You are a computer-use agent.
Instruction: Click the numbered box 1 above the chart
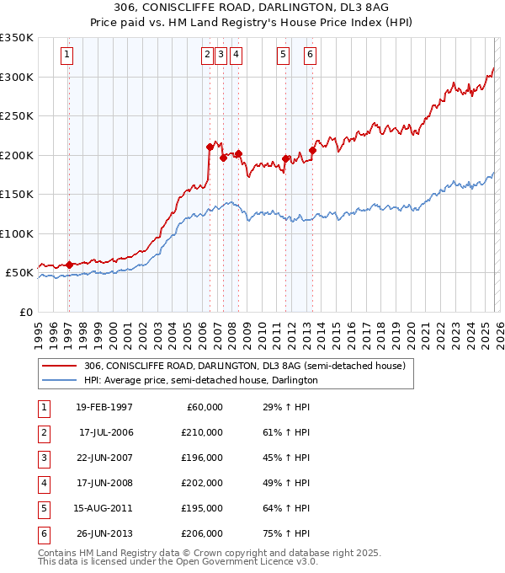pyautogui.click(x=66, y=55)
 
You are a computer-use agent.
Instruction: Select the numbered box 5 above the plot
pyautogui.click(x=283, y=55)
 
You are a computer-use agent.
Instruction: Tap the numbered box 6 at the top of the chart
pyautogui.click(x=310, y=55)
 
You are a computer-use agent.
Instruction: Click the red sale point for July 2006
pyautogui.click(x=210, y=147)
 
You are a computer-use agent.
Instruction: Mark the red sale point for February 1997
pyautogui.click(x=69, y=265)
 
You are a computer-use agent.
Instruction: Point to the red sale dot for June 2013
pyautogui.click(x=312, y=151)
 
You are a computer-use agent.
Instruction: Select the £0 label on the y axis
pyautogui.click(x=25, y=312)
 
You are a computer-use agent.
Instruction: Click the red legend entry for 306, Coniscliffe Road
pyautogui.click(x=244, y=366)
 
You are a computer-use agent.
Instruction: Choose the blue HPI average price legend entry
pyautogui.click(x=200, y=380)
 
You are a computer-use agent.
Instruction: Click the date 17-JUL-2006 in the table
pyautogui.click(x=106, y=432)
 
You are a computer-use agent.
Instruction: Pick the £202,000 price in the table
pyautogui.click(x=203, y=483)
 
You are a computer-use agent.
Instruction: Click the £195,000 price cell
pyautogui.click(x=203, y=508)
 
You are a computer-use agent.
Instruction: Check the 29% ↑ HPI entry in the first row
pyautogui.click(x=280, y=407)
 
